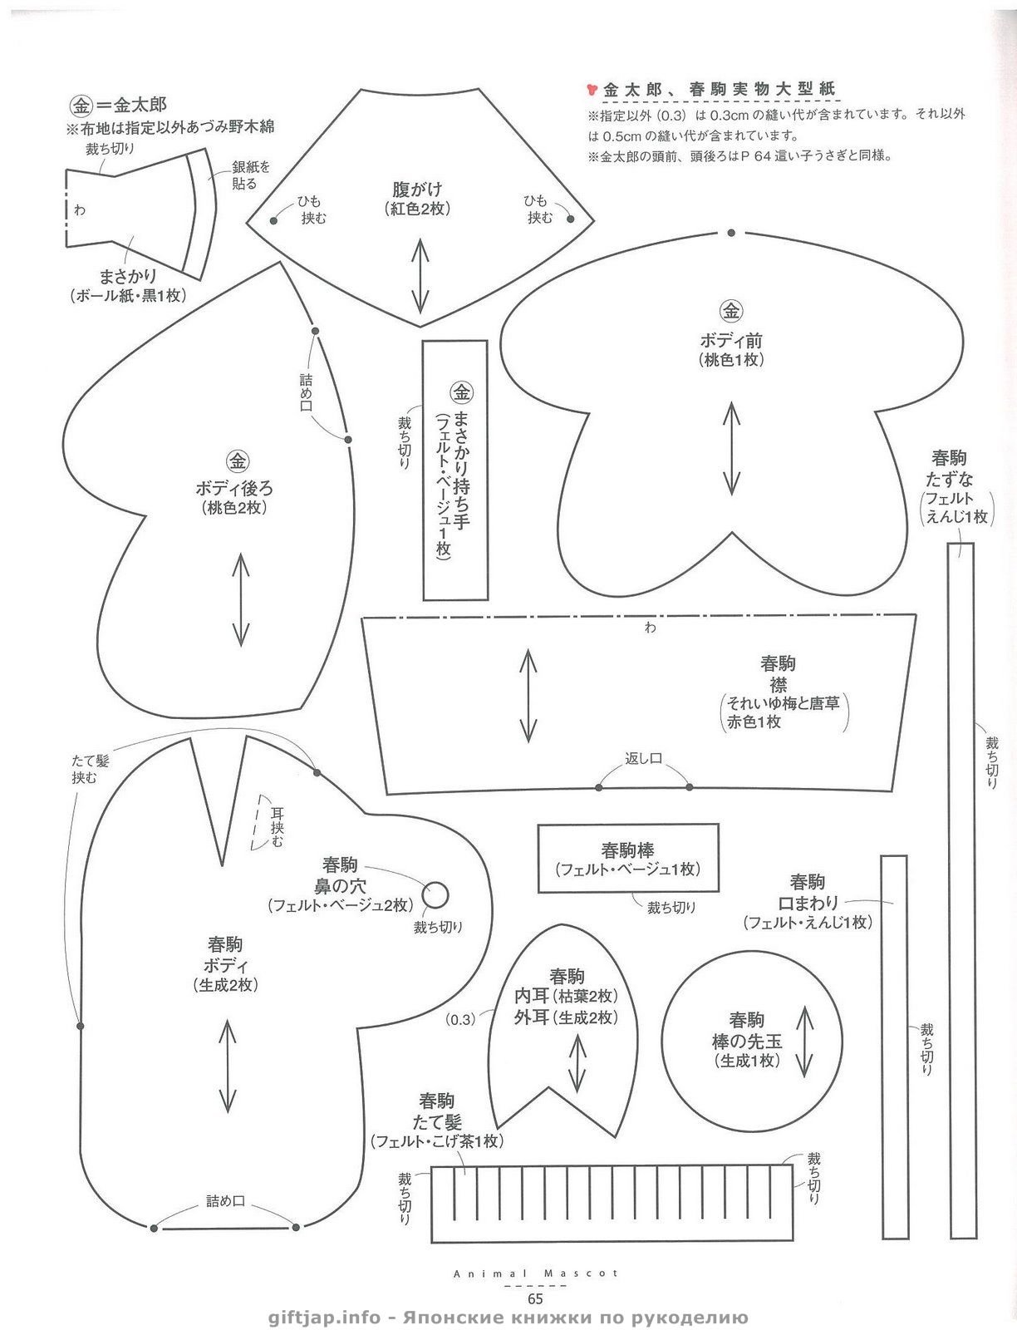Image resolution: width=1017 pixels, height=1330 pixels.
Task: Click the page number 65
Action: click(x=535, y=1298)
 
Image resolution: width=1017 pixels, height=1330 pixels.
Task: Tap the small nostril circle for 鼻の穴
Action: click(x=435, y=895)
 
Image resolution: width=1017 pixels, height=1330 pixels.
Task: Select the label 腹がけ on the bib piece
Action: click(x=417, y=190)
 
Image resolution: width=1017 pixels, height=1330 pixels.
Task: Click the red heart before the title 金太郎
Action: click(x=592, y=90)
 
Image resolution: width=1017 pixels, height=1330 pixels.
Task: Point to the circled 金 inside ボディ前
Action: click(x=731, y=312)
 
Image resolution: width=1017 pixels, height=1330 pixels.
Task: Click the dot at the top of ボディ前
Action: click(x=732, y=233)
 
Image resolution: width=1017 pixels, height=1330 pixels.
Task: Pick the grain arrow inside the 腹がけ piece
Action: click(x=420, y=276)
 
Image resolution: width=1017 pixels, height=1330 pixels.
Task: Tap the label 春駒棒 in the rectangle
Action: click(x=627, y=850)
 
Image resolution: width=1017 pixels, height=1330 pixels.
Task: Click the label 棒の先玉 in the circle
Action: click(x=747, y=1042)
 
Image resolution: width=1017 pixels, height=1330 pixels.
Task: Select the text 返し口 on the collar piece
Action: click(x=643, y=759)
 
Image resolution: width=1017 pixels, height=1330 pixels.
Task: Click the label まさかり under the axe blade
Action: click(x=128, y=277)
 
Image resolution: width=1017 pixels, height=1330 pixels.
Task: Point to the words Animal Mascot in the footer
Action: click(x=536, y=1273)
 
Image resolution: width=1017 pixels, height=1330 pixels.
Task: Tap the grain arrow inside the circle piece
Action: click(x=803, y=1042)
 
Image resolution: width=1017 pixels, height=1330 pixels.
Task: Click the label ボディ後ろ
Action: click(x=234, y=489)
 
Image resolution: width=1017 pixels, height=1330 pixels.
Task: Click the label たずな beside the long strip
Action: click(x=949, y=480)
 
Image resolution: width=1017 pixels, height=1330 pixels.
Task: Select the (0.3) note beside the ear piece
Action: click(x=460, y=1020)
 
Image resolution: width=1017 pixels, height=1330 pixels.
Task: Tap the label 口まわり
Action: click(x=808, y=902)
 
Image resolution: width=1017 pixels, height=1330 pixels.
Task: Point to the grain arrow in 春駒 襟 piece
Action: click(x=528, y=696)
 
